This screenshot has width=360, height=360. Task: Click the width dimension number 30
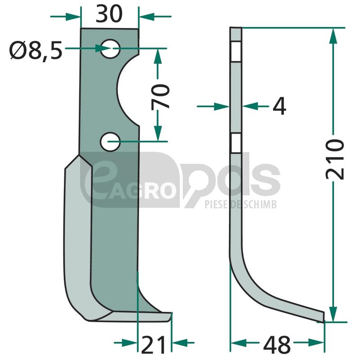(109, 14)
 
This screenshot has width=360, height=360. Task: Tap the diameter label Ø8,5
(36, 50)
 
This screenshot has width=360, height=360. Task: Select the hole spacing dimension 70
(160, 96)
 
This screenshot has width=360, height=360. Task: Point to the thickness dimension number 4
(279, 106)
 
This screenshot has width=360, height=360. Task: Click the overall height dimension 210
(335, 159)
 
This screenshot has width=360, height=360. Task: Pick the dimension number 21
(153, 345)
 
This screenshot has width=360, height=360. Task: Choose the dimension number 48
(277, 345)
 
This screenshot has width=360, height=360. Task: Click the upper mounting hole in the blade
(110, 49)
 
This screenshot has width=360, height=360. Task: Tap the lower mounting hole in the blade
(110, 142)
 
